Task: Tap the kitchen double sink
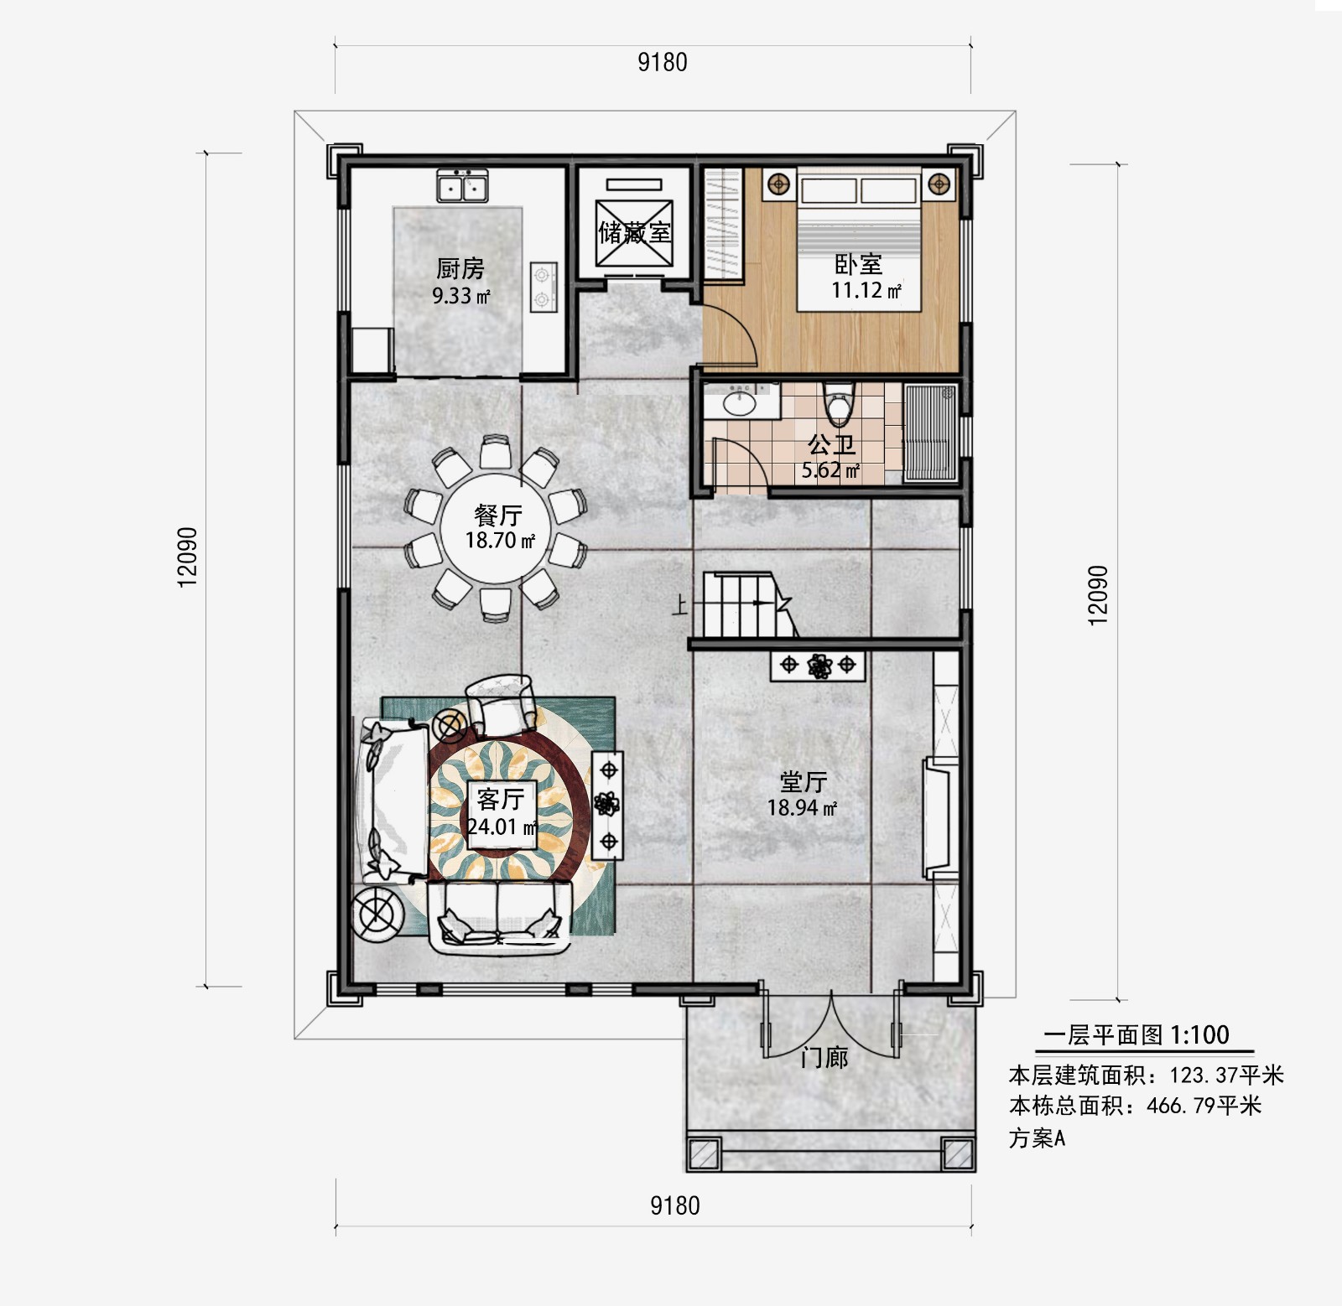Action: click(x=461, y=185)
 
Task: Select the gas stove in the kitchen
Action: click(x=543, y=287)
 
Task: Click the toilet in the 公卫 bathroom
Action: click(x=838, y=403)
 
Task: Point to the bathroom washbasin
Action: click(x=739, y=402)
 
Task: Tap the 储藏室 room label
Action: click(x=635, y=232)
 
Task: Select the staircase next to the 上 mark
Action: click(x=746, y=604)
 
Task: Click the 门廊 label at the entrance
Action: click(x=824, y=1058)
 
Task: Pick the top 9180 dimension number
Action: click(x=663, y=62)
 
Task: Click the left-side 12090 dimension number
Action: click(x=187, y=557)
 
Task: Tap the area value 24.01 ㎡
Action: click(x=502, y=827)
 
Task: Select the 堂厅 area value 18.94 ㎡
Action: click(x=802, y=808)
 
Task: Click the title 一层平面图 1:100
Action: click(x=1136, y=1035)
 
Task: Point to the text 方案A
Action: click(x=1037, y=1138)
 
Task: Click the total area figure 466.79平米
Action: click(x=1204, y=1106)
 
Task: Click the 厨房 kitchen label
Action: click(x=460, y=269)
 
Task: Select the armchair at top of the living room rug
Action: click(x=501, y=704)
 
